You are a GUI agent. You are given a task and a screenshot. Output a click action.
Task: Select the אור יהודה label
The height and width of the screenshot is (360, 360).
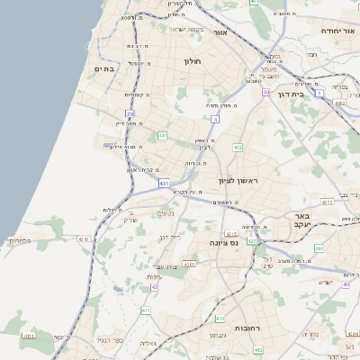(x=340, y=31)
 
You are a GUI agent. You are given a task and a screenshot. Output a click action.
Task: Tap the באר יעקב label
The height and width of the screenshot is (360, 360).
(x=301, y=221)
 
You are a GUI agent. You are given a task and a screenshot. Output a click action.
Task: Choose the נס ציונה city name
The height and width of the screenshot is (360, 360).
(x=222, y=242)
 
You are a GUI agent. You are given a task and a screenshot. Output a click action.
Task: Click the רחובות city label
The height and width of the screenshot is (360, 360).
(x=245, y=329)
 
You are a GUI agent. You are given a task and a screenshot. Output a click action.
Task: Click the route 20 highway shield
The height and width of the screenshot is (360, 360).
(x=130, y=114)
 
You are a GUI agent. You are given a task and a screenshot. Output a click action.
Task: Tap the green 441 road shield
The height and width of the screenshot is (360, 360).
(x=163, y=135)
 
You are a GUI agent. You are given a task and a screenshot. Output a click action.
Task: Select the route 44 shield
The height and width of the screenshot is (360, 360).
(x=266, y=92)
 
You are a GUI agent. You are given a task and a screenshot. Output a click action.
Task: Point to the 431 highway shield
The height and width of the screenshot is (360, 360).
(x=164, y=183)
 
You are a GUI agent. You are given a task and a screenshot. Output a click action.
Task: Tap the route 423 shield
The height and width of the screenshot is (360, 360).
(x=253, y=241)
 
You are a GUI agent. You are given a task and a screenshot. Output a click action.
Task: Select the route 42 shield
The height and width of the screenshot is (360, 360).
(x=154, y=286)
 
